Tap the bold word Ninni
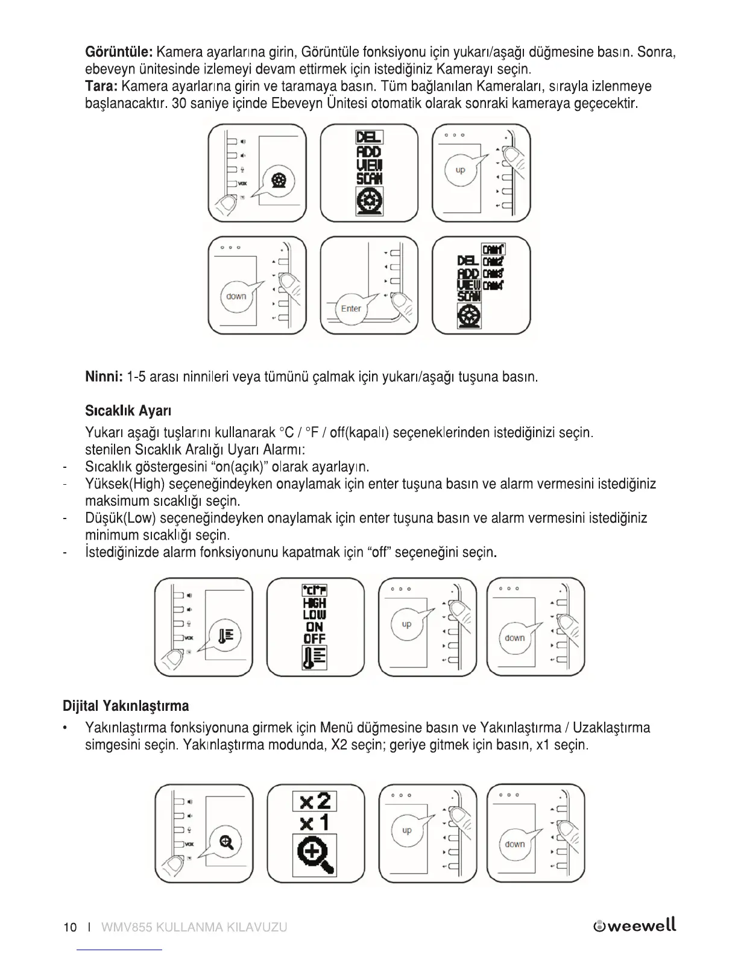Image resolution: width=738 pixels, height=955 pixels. click(104, 377)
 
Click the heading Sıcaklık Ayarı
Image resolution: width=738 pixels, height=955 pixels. click(128, 411)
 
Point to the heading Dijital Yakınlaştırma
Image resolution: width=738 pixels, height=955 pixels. click(125, 705)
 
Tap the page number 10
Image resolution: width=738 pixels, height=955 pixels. click(70, 927)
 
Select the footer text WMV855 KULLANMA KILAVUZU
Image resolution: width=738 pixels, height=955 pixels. click(194, 927)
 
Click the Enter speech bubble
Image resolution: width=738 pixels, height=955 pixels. click(351, 309)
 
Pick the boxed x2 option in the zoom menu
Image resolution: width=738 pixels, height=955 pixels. click(315, 801)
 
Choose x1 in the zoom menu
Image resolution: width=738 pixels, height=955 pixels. click(315, 822)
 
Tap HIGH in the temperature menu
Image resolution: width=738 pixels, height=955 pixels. click(315, 603)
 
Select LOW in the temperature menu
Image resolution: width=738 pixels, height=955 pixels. click(315, 615)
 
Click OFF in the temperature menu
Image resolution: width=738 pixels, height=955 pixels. click(315, 638)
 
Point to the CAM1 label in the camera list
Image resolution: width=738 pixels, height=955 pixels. click(494, 249)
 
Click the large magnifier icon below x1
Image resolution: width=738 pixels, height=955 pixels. click(315, 855)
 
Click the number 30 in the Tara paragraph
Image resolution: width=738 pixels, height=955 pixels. click(178, 103)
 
